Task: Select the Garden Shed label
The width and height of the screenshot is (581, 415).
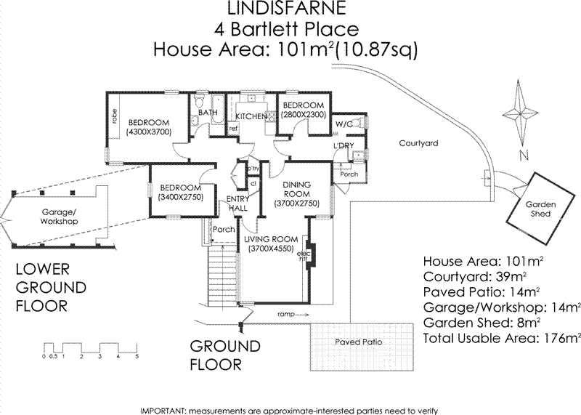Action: pyautogui.click(x=541, y=209)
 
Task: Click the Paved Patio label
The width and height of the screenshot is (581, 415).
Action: pyautogui.click(x=358, y=342)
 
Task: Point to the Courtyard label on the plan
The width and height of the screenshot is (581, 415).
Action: pyautogui.click(x=418, y=144)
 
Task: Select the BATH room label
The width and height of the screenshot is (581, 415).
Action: pyautogui.click(x=208, y=113)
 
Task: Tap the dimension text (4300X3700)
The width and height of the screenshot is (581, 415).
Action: pyautogui.click(x=148, y=132)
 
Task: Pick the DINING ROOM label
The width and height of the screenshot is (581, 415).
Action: pyautogui.click(x=296, y=190)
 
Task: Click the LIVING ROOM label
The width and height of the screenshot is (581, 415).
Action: pyautogui.click(x=271, y=239)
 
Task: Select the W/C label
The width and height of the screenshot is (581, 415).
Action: pyautogui.click(x=344, y=124)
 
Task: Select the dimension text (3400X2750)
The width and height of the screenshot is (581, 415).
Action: pyautogui.click(x=177, y=196)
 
